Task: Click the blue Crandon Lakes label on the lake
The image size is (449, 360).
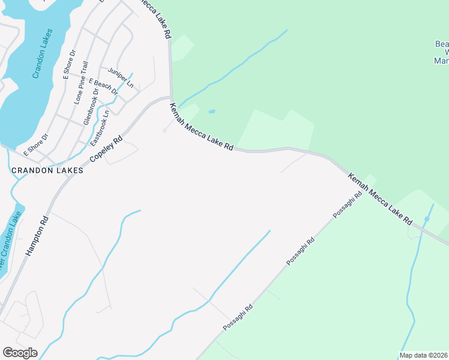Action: [x=43, y=53]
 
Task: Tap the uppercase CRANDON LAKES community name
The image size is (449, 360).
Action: [x=47, y=170]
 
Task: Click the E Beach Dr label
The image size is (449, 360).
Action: [x=103, y=86]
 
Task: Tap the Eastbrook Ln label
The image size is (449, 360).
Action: [x=100, y=128]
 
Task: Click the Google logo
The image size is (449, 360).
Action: [x=20, y=353]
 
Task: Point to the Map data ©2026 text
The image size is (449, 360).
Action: [x=423, y=355]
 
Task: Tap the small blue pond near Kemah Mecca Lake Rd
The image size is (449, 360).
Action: [x=211, y=112]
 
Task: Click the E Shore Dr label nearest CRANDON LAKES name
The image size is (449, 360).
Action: [x=35, y=144]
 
